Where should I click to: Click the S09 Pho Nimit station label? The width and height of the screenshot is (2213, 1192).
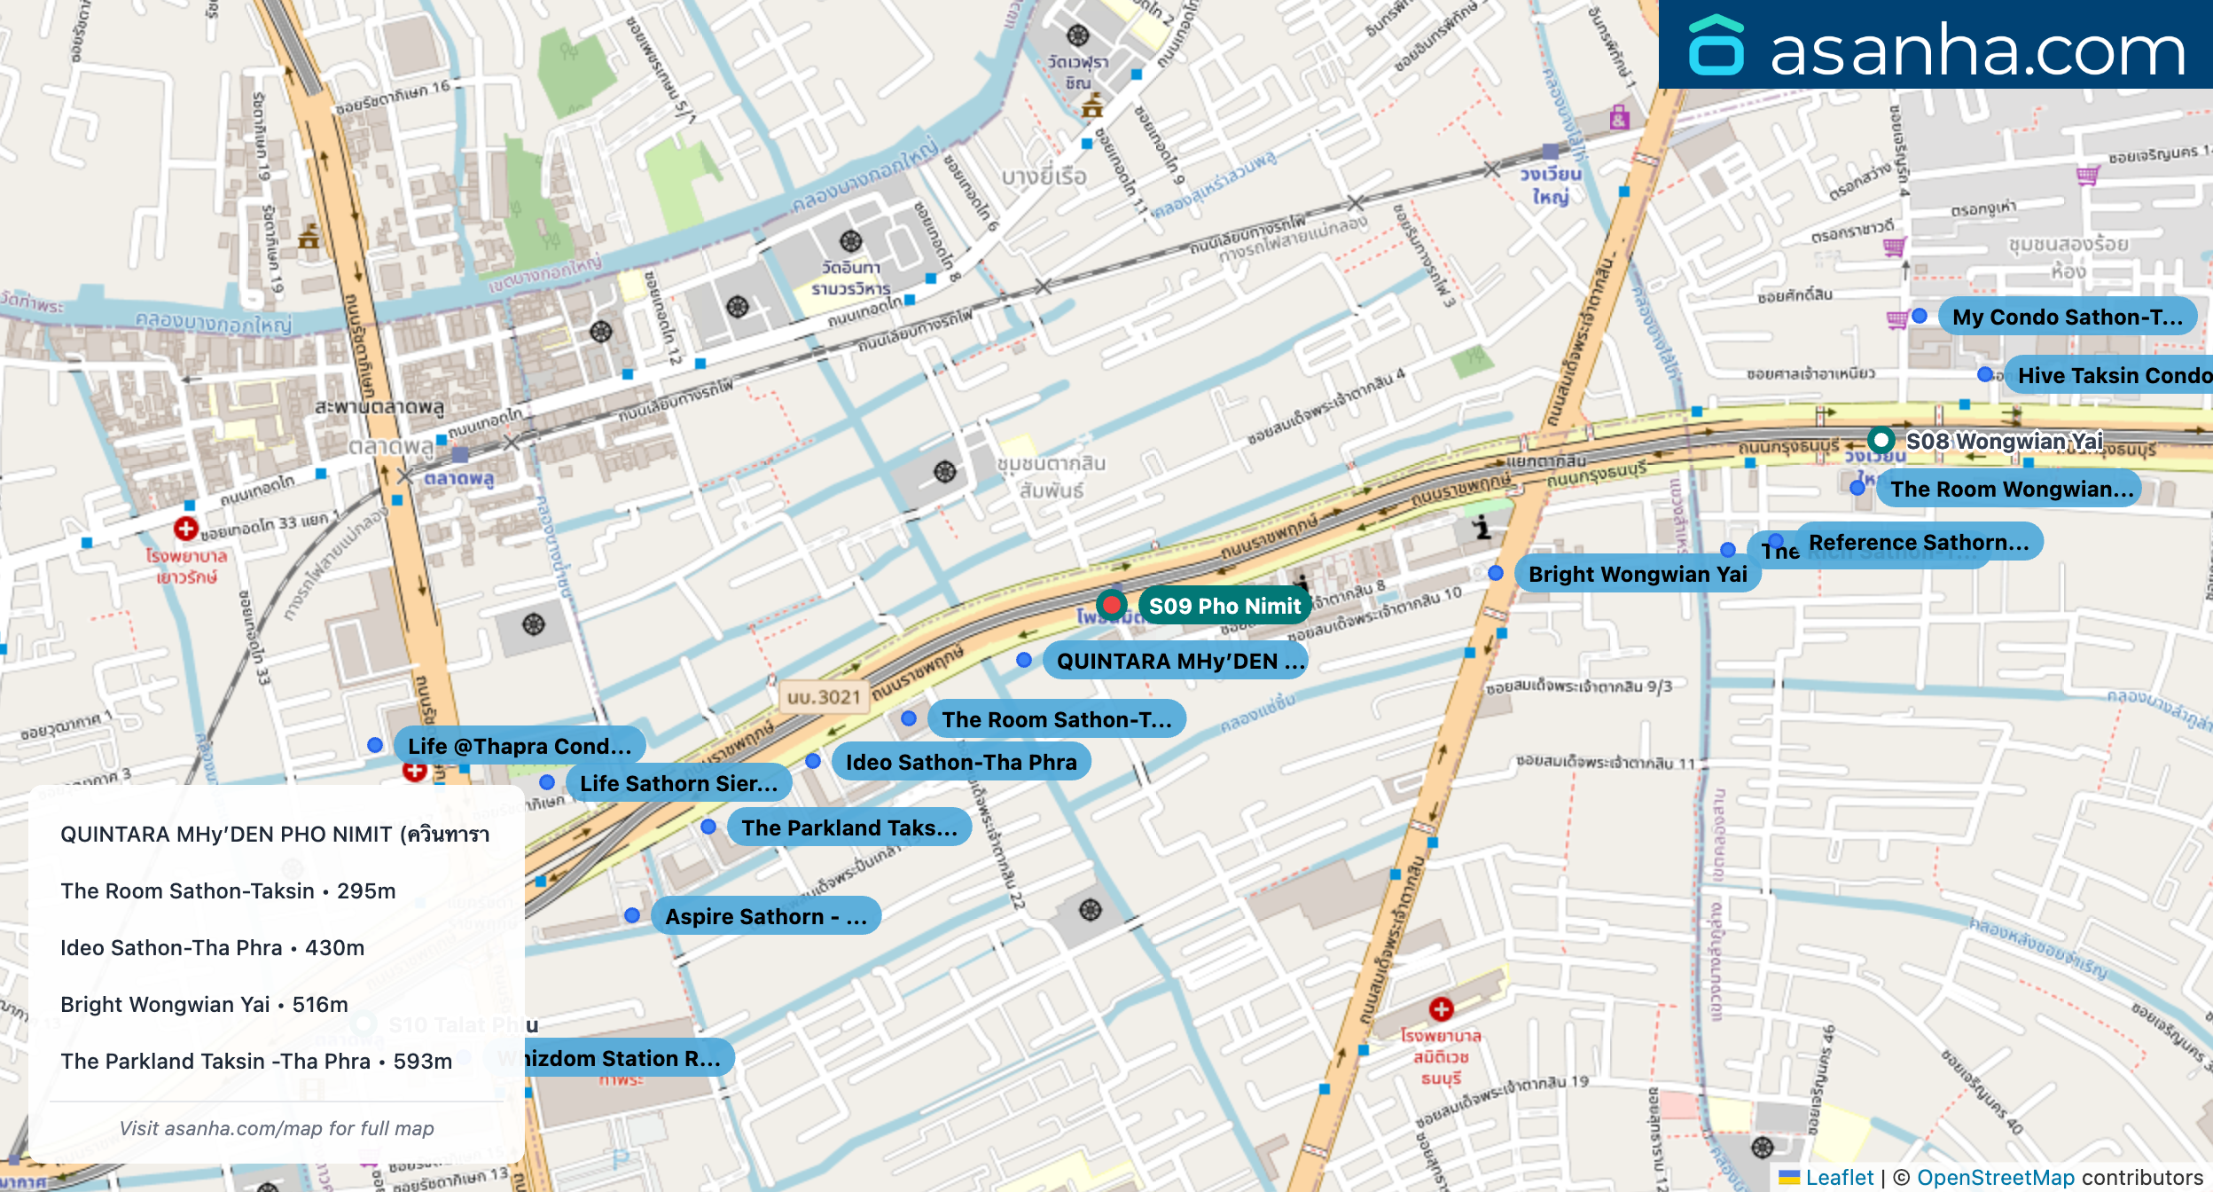(1224, 606)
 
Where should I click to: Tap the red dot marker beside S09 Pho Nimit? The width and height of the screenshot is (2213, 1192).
(1111, 605)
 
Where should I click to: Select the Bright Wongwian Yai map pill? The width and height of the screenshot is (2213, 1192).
(1637, 574)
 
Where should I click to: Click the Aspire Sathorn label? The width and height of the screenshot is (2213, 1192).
(765, 916)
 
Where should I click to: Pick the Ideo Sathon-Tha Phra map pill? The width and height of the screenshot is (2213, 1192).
(961, 762)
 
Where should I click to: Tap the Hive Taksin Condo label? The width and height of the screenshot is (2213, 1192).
(2113, 375)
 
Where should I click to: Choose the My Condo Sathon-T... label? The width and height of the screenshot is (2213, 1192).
(2067, 317)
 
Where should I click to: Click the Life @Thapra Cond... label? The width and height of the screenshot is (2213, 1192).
(520, 746)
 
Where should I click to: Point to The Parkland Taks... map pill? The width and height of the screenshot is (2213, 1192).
(848, 827)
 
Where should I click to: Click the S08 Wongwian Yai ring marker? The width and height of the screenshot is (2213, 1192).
(1881, 440)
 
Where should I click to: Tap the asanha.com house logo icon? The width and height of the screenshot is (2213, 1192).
(1716, 45)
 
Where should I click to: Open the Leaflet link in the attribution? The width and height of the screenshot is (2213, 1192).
(1839, 1177)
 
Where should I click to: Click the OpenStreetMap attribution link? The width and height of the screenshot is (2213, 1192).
(1995, 1177)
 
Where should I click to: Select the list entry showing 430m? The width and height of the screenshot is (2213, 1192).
(212, 947)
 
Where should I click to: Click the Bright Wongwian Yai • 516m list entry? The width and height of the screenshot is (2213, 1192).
(204, 1004)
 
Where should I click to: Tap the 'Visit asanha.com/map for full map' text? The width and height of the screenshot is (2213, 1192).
(277, 1128)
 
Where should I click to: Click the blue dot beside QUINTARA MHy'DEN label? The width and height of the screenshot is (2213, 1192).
(1024, 660)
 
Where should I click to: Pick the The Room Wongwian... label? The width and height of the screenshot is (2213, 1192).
(2011, 489)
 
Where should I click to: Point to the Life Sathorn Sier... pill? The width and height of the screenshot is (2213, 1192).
(678, 783)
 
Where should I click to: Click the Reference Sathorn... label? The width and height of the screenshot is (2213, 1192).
(1919, 542)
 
